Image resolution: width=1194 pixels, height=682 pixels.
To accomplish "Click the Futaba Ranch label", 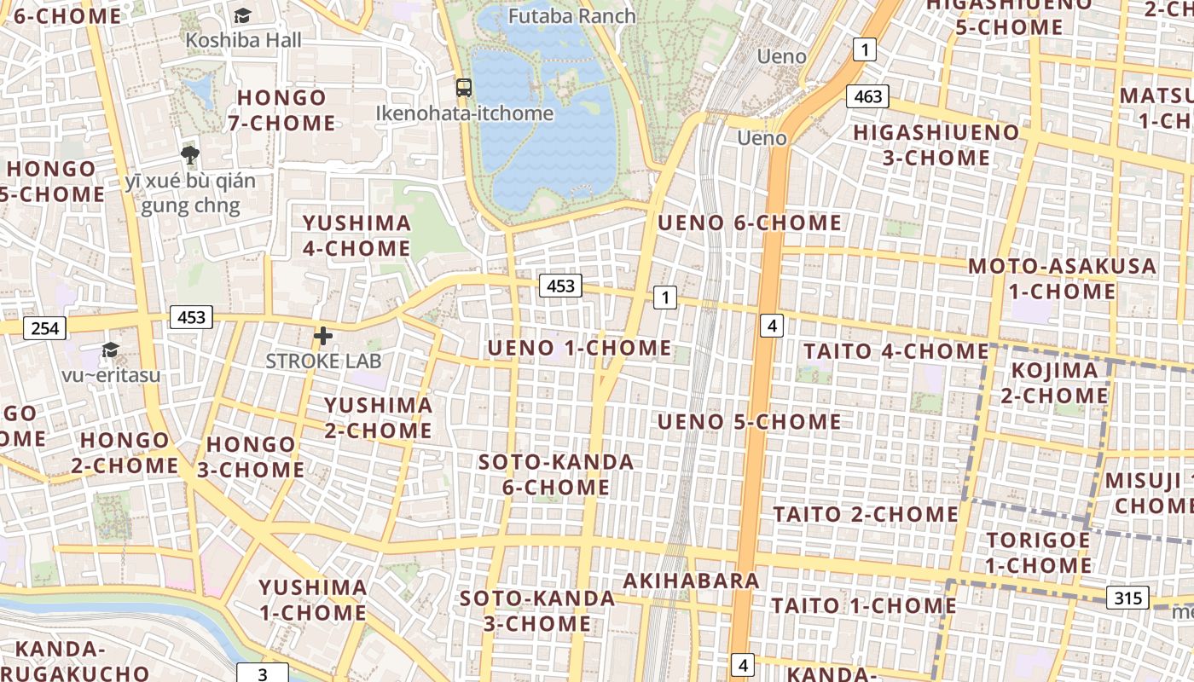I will tap(571, 16).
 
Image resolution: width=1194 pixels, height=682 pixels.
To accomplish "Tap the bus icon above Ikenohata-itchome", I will tap(464, 87).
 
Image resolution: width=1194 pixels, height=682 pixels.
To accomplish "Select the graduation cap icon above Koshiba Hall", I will tap(243, 15).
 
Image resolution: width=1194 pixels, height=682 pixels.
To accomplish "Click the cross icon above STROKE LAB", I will tap(323, 336).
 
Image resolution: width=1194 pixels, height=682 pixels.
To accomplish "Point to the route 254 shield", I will tap(45, 328).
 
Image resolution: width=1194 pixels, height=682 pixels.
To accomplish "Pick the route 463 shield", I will tap(867, 96).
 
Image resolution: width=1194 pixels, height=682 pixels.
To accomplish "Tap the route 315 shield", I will tap(1127, 598).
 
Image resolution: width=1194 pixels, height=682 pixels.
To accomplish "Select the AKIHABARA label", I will tap(691, 581).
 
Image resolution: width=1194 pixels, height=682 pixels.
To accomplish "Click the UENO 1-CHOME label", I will tap(579, 349).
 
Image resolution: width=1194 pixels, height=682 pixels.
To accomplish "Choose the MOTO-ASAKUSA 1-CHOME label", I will tap(1062, 279).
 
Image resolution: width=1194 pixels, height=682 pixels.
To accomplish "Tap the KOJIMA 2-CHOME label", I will tap(1054, 383).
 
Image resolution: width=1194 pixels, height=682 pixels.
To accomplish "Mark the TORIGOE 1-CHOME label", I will tap(1038, 552).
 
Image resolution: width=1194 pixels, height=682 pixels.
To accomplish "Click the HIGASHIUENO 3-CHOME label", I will tap(936, 145).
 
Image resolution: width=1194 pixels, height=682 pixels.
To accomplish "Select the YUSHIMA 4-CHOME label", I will tap(356, 236).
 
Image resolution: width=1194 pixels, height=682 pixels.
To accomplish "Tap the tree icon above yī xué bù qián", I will tap(190, 155).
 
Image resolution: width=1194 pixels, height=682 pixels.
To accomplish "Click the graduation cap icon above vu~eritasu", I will tap(110, 350).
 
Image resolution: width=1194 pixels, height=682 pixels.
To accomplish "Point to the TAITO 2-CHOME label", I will tap(866, 515).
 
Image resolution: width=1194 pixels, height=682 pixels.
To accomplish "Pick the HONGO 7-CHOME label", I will tap(281, 110).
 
